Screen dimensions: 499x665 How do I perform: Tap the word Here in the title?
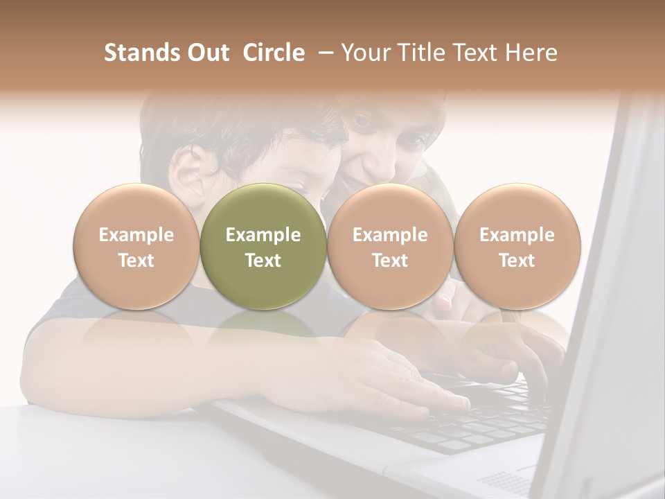[x=532, y=53]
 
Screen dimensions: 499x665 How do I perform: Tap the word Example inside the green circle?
[x=263, y=235]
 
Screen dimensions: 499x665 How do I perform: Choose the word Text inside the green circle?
[x=263, y=261]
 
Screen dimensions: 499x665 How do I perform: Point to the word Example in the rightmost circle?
[x=517, y=235]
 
